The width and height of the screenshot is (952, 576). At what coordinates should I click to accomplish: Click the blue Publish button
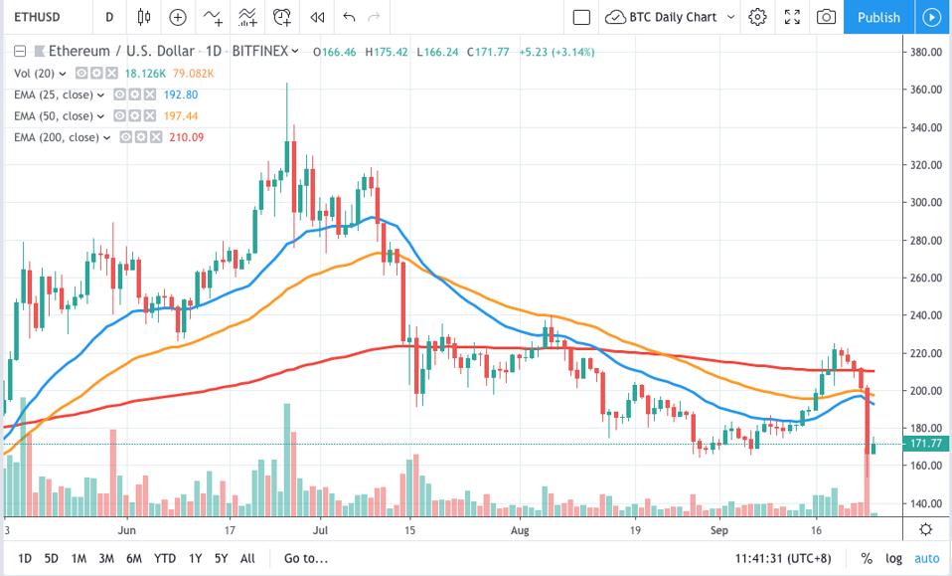coord(877,17)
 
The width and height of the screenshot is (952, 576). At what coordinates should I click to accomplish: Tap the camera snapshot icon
coord(825,17)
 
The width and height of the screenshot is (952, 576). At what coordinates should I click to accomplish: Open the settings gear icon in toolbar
coord(758,17)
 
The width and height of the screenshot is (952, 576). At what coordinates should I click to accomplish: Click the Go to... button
coord(305,558)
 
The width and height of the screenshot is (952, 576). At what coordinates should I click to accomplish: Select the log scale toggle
coord(894,558)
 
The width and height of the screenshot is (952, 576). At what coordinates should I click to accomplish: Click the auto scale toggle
coord(926,558)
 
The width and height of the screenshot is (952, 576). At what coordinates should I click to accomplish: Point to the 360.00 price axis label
coord(926,90)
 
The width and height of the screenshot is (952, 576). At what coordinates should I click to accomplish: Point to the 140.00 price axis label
coord(926,503)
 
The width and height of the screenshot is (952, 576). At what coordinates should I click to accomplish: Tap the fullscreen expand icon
coord(792,17)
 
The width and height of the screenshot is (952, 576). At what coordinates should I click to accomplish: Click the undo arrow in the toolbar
coord(348,17)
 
